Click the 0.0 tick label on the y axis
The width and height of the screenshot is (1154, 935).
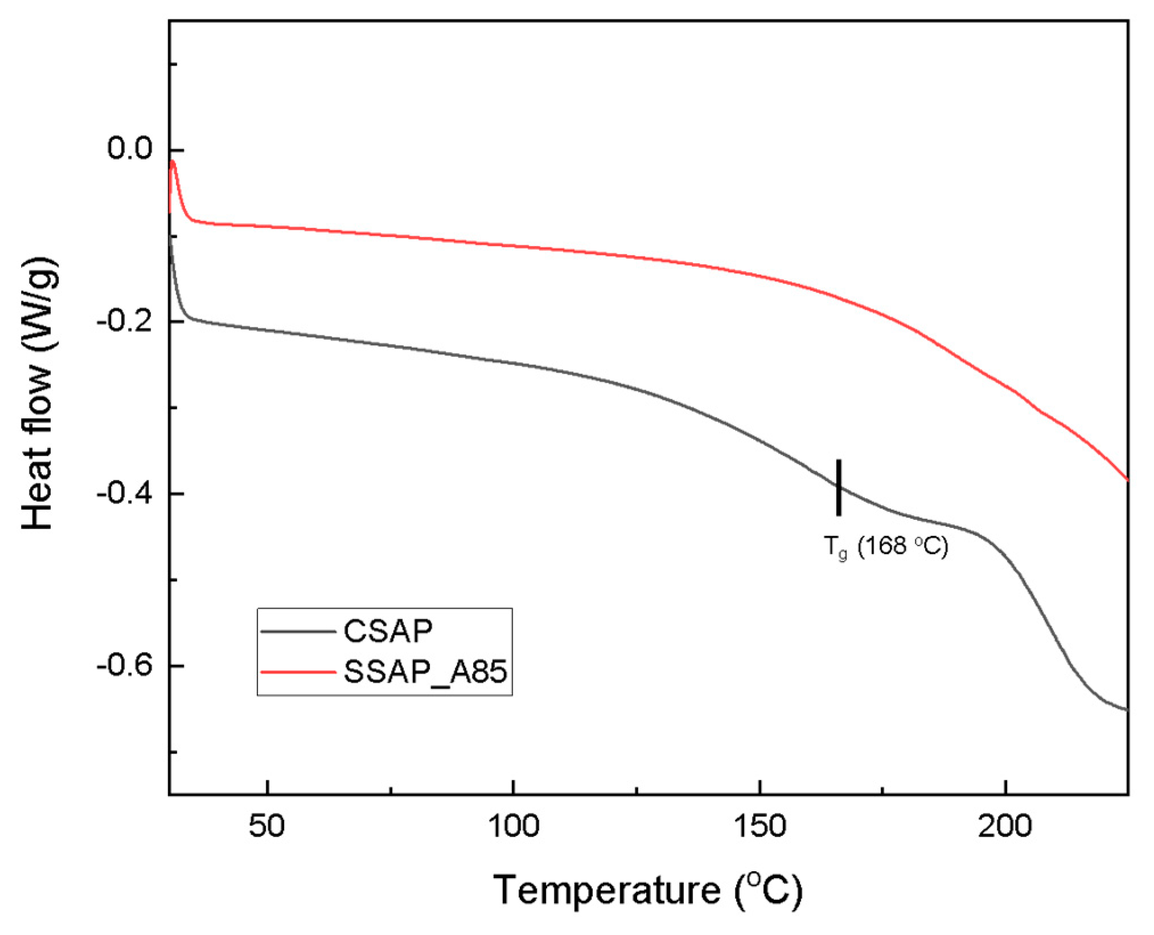130,149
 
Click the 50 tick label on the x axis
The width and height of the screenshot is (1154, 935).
266,826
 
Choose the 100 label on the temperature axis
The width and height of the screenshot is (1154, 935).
514,826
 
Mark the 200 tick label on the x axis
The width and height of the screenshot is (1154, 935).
1005,826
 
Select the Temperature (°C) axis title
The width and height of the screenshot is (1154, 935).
647,891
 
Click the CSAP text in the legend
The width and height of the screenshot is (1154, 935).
388,631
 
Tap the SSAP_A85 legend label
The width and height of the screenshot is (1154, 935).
425,672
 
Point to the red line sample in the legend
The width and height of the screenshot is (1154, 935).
298,672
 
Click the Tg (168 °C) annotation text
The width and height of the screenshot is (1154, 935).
886,547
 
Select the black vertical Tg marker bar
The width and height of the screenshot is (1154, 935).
839,487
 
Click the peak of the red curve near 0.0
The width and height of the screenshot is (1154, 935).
173,162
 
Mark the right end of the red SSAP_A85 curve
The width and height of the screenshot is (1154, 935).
1127,480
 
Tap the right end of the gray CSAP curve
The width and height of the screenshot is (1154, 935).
1126,710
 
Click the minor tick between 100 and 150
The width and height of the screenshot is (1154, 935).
636,790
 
